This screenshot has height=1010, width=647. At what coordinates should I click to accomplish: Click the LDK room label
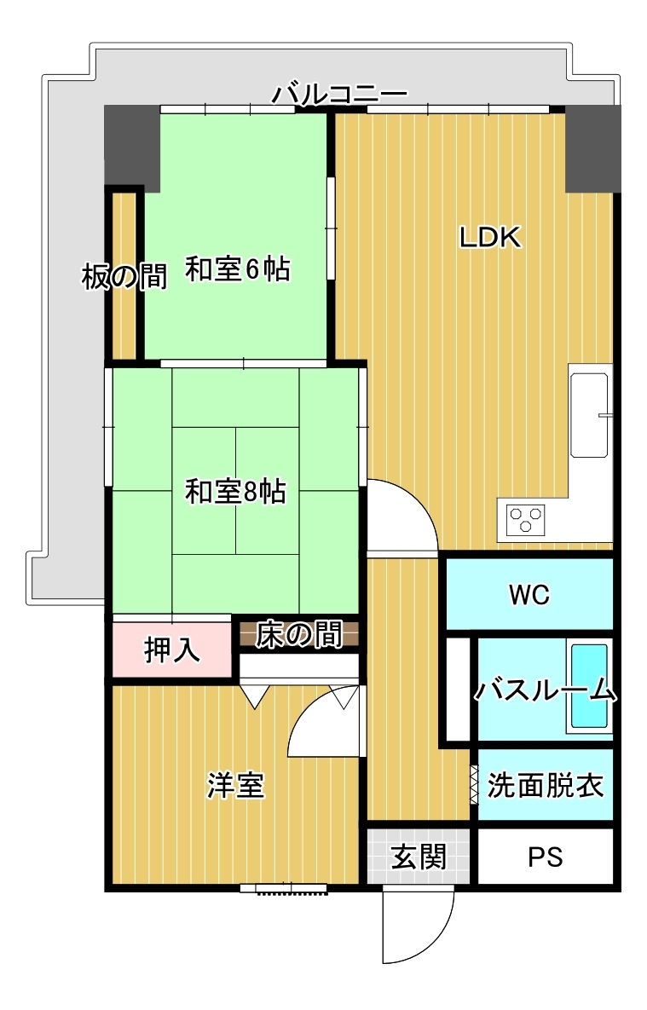[490, 238]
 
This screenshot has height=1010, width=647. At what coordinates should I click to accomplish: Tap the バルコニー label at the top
[339, 95]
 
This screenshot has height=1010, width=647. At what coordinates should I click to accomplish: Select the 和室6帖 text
[238, 268]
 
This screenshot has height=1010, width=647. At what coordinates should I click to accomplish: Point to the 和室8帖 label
[236, 492]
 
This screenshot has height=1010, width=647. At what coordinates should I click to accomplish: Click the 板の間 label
[124, 277]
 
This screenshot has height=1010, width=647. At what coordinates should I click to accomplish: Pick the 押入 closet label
[171, 650]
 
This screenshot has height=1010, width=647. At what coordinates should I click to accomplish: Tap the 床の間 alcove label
[298, 634]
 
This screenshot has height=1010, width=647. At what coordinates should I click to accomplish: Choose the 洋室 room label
[235, 786]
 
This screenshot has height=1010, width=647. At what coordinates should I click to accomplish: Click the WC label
[529, 595]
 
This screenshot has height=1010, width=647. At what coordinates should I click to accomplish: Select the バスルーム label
[546, 690]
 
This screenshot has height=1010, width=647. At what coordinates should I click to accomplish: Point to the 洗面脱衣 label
[546, 785]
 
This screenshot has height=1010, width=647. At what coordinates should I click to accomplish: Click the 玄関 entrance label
[419, 857]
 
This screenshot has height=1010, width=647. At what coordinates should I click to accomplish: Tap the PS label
[546, 857]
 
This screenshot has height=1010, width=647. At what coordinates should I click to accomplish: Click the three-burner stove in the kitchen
[525, 520]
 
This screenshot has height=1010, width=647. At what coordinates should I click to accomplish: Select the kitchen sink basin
[589, 415]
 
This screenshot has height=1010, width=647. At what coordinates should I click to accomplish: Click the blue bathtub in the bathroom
[589, 685]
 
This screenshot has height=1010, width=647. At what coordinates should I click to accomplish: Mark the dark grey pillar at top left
[133, 147]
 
